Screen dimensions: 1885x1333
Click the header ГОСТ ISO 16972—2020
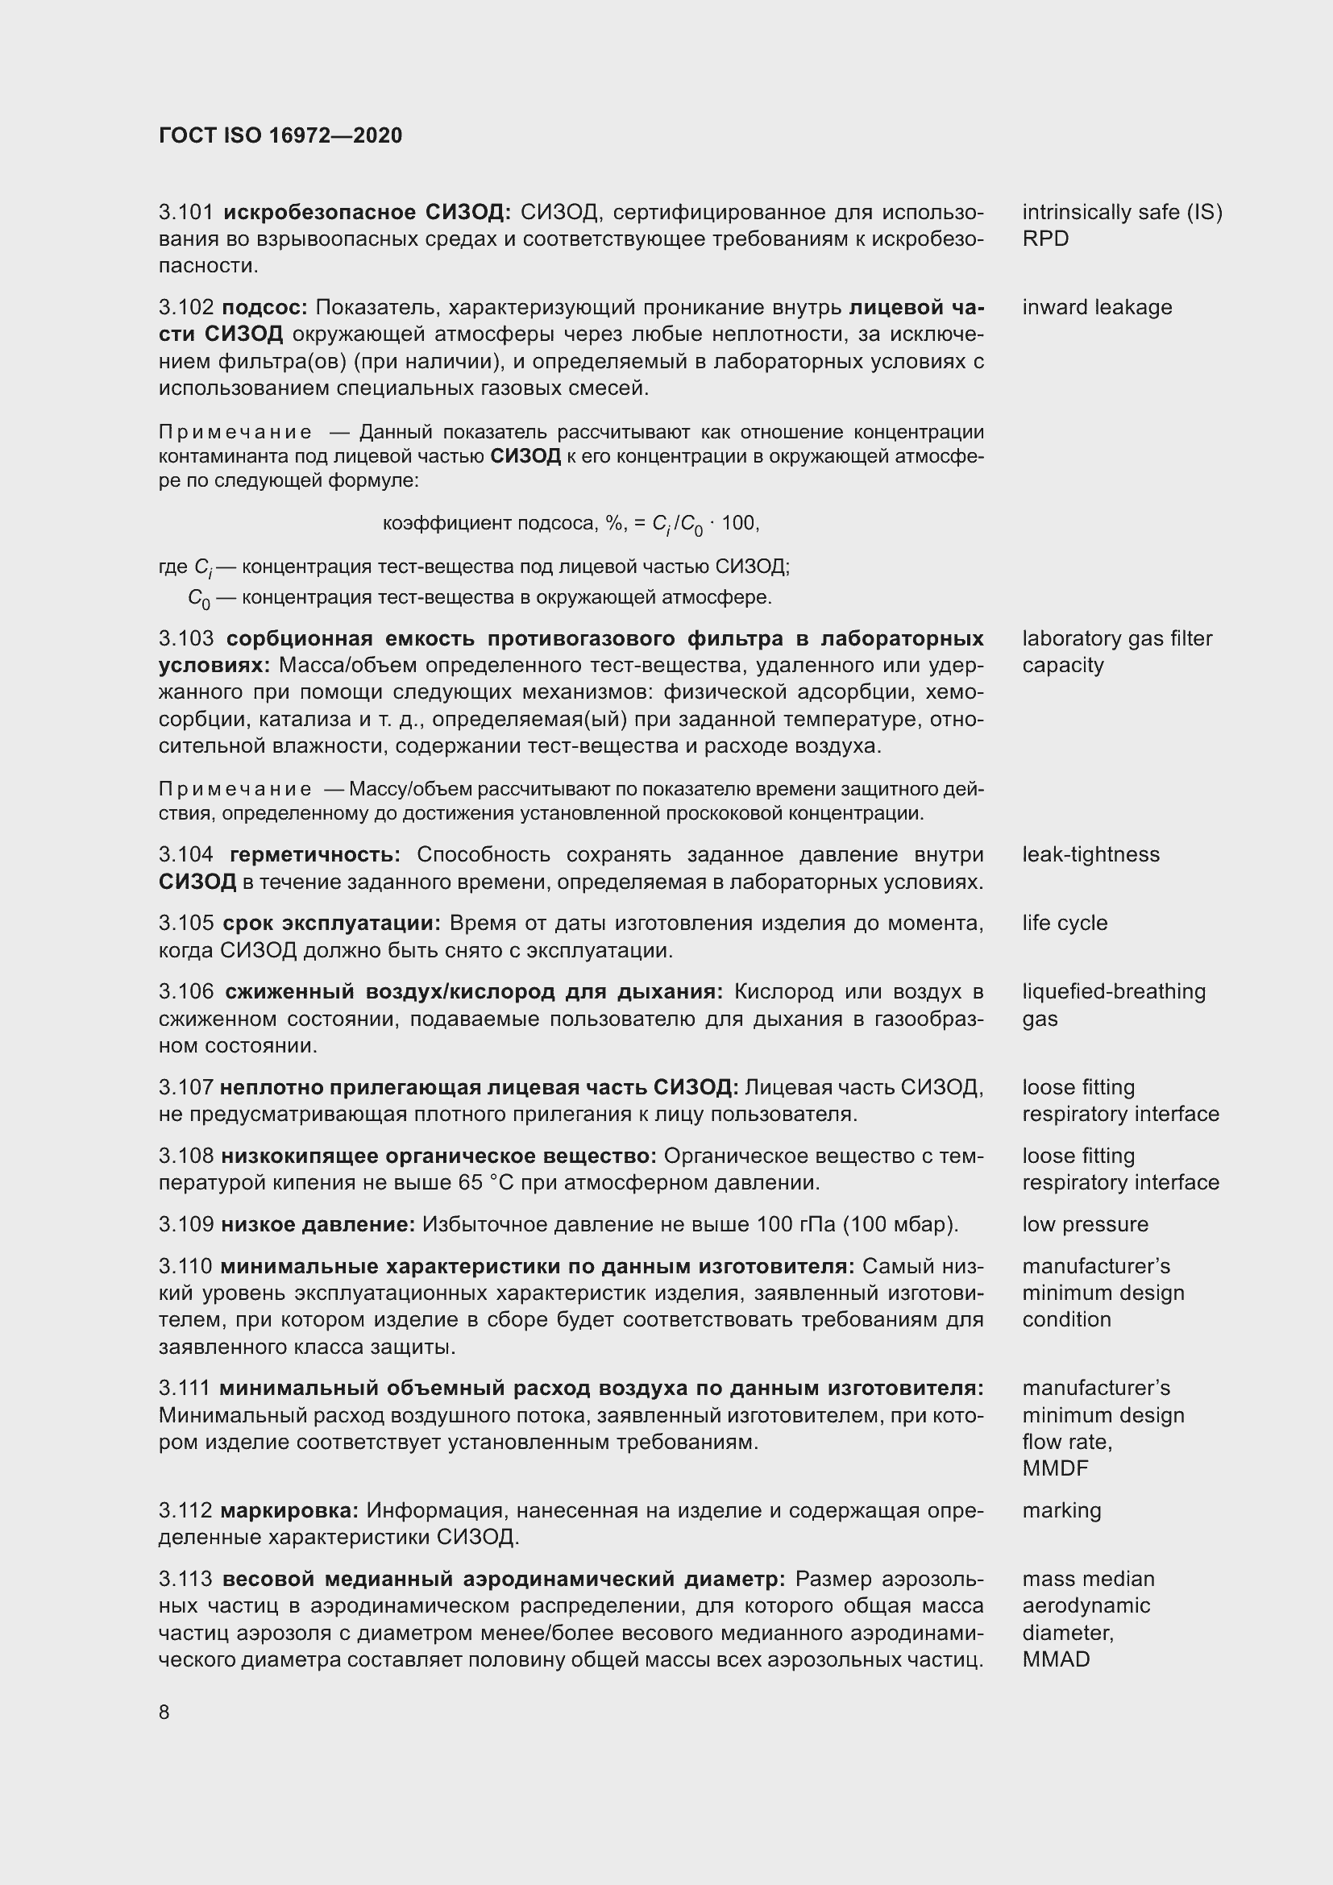tap(280, 136)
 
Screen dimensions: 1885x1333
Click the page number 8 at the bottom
tap(164, 1712)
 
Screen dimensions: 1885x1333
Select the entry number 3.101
tap(186, 213)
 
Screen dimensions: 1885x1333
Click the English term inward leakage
tap(1097, 308)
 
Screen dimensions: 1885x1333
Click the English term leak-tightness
tap(1090, 854)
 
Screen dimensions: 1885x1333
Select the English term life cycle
tap(1065, 923)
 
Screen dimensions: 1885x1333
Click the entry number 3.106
tap(186, 992)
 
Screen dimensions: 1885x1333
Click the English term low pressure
tap(1085, 1224)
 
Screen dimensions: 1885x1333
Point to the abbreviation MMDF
tap(1056, 1468)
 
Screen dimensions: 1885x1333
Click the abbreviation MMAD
tap(1057, 1659)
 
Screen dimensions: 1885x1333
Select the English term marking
tap(1061, 1509)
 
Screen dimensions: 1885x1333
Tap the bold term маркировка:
tap(290, 1509)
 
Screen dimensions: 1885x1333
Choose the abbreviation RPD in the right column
tap(1045, 239)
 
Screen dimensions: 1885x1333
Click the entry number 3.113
tap(186, 1579)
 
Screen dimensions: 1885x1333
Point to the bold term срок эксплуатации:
tap(331, 923)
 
